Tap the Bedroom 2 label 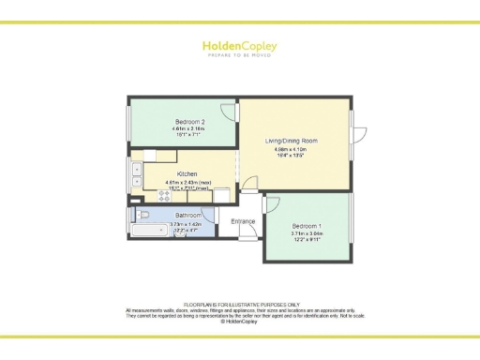pos(189,122)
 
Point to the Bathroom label pos(188,216)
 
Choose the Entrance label pos(243,222)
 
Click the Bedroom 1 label pos(307,227)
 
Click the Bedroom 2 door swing pos(230,137)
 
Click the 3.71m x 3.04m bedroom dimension pos(307,234)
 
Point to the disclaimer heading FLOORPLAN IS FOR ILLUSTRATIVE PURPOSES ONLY pos(240,305)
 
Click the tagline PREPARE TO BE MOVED pos(240,56)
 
